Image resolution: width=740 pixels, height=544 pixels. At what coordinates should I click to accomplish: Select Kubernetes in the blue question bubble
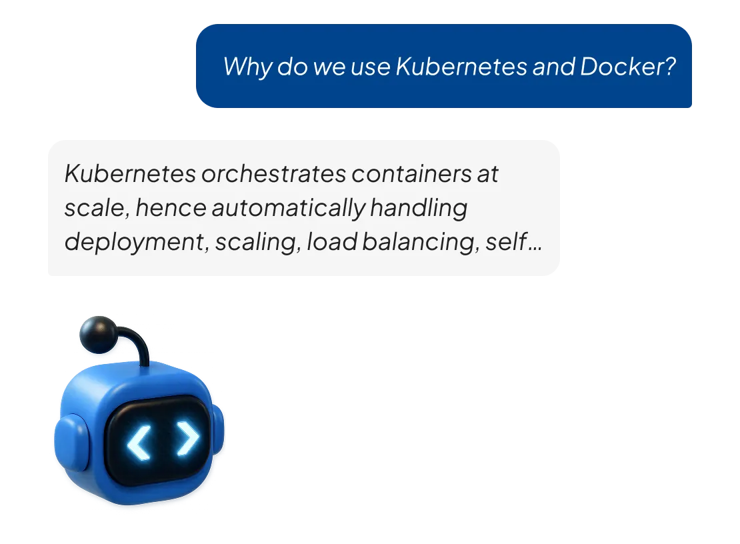pos(461,67)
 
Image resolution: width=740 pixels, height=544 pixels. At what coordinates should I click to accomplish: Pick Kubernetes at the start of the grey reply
pos(130,173)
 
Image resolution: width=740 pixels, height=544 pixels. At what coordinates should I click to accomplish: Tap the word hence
pos(171,207)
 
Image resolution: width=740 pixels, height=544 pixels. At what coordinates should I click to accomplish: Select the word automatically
pos(289,209)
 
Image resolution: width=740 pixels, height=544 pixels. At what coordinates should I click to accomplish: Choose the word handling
pos(419,209)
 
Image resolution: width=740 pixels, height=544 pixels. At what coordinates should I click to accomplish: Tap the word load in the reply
pos(332,241)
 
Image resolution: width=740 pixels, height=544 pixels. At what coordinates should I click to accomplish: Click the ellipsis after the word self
pos(535,249)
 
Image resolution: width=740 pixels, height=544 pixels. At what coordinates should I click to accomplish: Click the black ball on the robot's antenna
pos(99,335)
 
